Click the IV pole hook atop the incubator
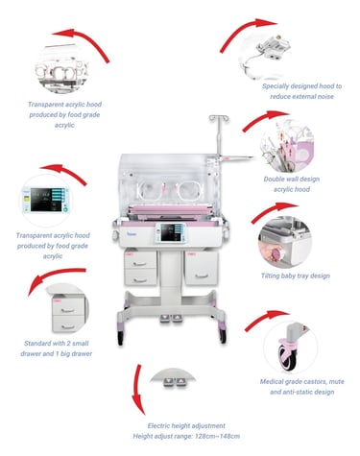[219, 118]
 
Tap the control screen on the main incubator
[172, 232]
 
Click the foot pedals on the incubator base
[171, 319]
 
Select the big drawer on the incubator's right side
[202, 268]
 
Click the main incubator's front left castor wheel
[121, 337]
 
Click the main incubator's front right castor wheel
[223, 335]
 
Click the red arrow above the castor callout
[266, 319]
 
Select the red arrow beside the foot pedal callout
[138, 390]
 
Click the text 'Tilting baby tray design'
[296, 276]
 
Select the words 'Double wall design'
[292, 179]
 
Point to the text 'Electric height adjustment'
[186, 425]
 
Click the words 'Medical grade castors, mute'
[301, 381]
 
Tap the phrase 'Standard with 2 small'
[57, 344]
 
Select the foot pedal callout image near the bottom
[173, 377]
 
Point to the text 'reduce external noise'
[301, 96]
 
